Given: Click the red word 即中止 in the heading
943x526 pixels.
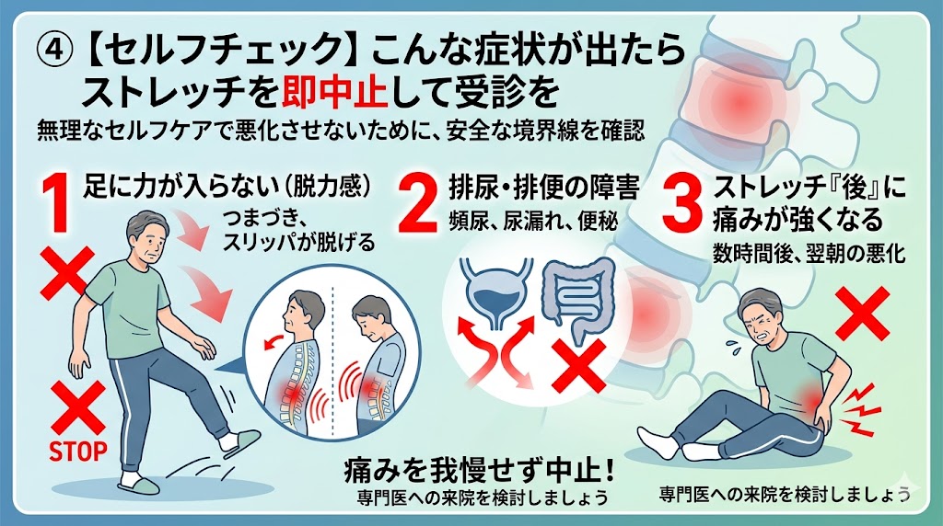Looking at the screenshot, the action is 335,92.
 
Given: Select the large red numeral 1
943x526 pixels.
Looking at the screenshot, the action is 58,202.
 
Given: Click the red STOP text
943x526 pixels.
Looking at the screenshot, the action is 78,451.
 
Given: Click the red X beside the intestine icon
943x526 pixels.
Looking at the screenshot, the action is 578,366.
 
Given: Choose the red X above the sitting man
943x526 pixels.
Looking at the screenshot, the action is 862,313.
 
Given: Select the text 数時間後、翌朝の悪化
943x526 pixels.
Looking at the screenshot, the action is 809,254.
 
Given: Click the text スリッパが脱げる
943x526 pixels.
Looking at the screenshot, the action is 298,242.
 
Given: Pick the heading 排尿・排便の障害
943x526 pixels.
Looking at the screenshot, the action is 543,189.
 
